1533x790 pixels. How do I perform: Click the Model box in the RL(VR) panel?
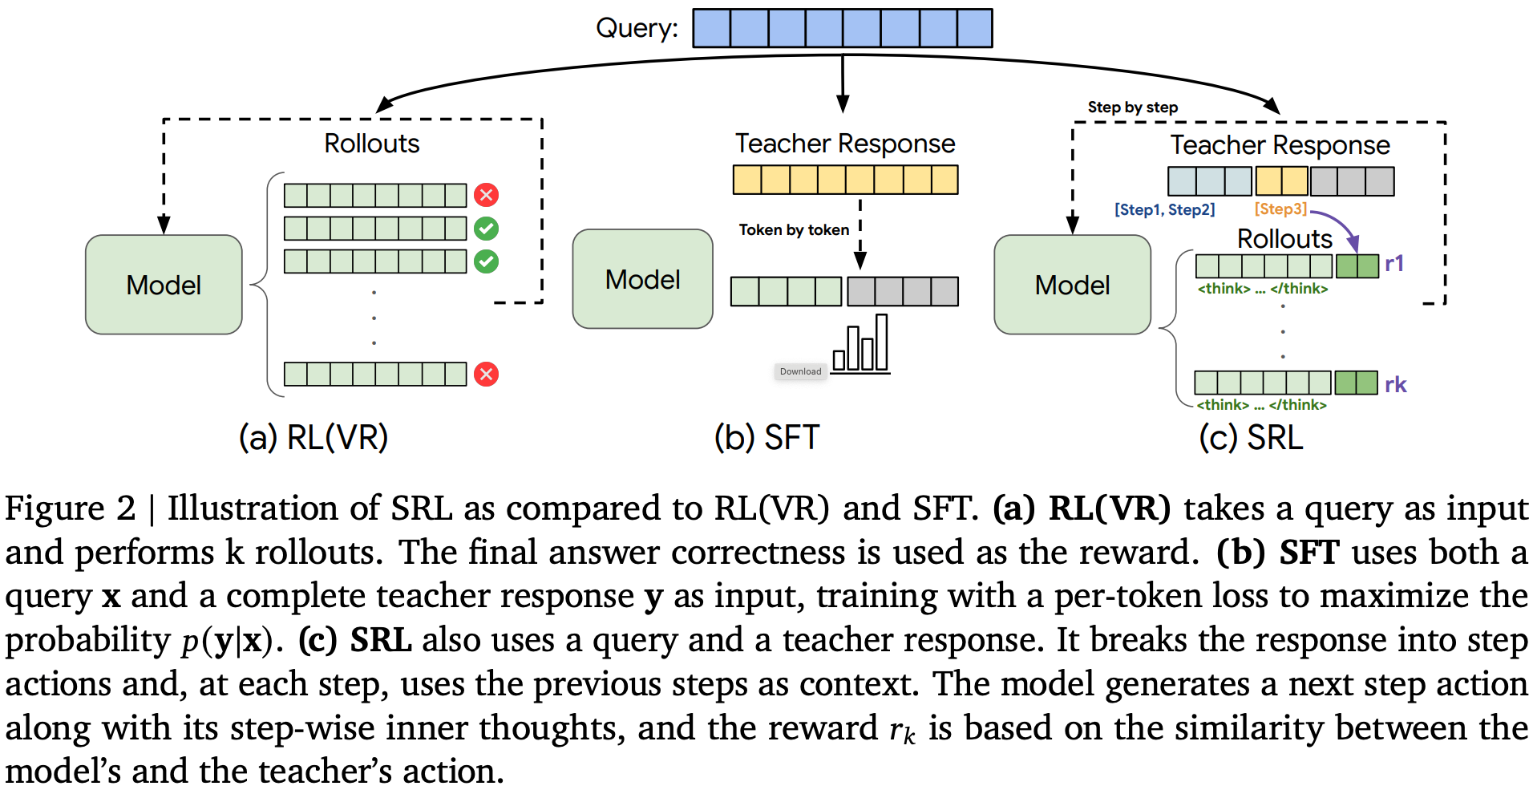[164, 285]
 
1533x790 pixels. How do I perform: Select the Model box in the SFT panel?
[642, 279]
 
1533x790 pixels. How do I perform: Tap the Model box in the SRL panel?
[1072, 285]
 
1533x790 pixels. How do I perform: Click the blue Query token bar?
[842, 28]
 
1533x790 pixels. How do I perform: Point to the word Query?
[636, 28]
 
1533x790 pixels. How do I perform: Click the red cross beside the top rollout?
[486, 195]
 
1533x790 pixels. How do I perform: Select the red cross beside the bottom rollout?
[486, 374]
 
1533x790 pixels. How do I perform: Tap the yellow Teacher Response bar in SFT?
[845, 180]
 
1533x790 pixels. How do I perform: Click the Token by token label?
[794, 230]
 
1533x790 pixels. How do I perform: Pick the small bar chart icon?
[860, 346]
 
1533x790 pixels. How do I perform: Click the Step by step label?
[1132, 107]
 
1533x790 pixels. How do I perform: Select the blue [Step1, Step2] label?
[1164, 209]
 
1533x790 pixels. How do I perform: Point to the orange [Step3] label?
[1280, 209]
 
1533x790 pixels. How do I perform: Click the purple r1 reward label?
[1394, 264]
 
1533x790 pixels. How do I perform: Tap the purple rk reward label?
[1395, 385]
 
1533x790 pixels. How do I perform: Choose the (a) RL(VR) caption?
[313, 438]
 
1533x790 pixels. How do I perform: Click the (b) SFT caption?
[766, 438]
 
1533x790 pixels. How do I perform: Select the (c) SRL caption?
[1251, 438]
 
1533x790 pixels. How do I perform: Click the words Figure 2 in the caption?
[71, 508]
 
